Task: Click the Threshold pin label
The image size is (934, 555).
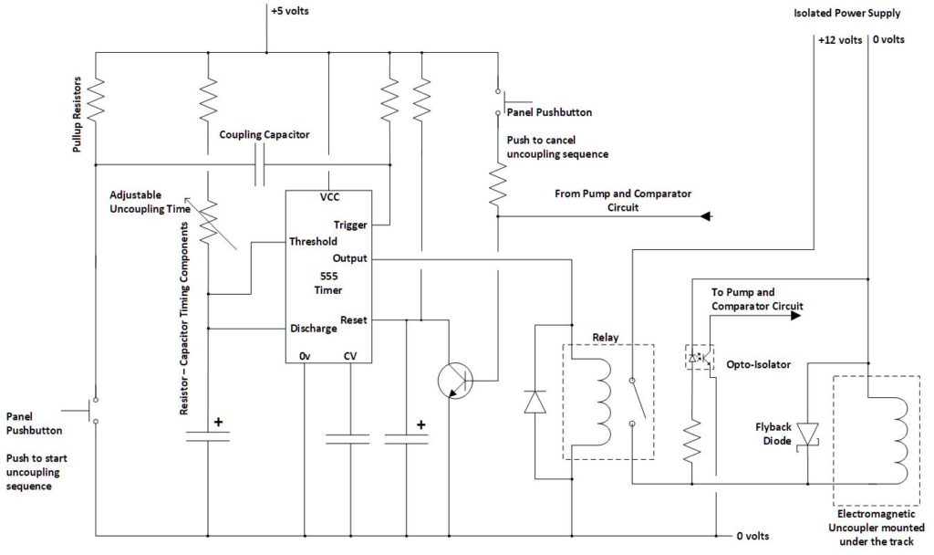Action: tap(314, 242)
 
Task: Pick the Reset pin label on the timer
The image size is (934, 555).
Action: tap(353, 319)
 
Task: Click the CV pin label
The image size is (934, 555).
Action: tap(350, 355)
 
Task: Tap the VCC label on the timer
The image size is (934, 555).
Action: tap(330, 197)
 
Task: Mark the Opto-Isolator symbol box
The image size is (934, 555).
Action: tap(699, 357)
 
